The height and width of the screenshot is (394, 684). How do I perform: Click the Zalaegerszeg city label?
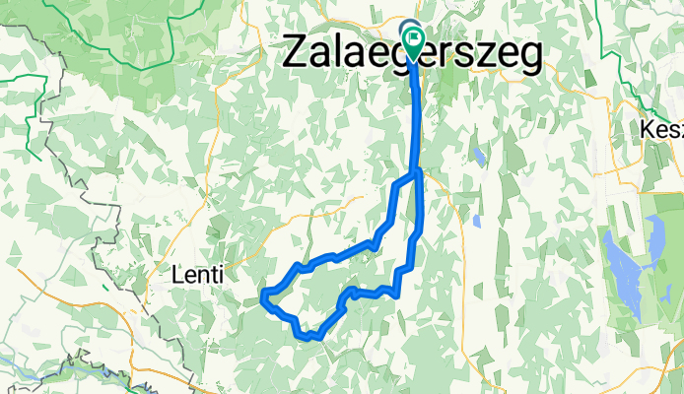[412, 54]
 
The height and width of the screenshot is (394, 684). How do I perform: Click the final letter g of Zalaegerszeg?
[528, 56]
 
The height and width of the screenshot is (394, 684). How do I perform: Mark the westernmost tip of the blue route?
[262, 296]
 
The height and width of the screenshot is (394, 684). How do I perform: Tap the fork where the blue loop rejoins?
[418, 173]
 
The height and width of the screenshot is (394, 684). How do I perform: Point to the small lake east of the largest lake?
[655, 236]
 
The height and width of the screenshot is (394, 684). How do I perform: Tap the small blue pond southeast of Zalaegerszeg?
[477, 157]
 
